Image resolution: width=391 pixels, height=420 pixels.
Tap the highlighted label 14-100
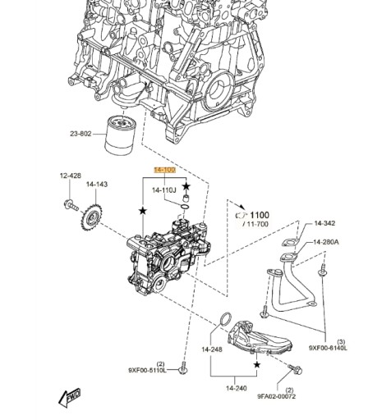tap(163, 170)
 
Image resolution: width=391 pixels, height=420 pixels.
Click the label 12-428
tap(70, 176)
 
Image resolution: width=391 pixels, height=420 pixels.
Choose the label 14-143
tap(97, 184)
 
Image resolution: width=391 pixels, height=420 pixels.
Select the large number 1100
tap(259, 215)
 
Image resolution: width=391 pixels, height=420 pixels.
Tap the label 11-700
tap(256, 224)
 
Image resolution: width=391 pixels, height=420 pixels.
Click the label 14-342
tap(325, 222)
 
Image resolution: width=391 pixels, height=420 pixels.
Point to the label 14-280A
tap(327, 242)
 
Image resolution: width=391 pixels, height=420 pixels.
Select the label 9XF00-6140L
tap(328, 348)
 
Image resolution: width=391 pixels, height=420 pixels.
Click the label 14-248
tap(212, 349)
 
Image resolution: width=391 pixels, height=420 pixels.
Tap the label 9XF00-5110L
tap(148, 371)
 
